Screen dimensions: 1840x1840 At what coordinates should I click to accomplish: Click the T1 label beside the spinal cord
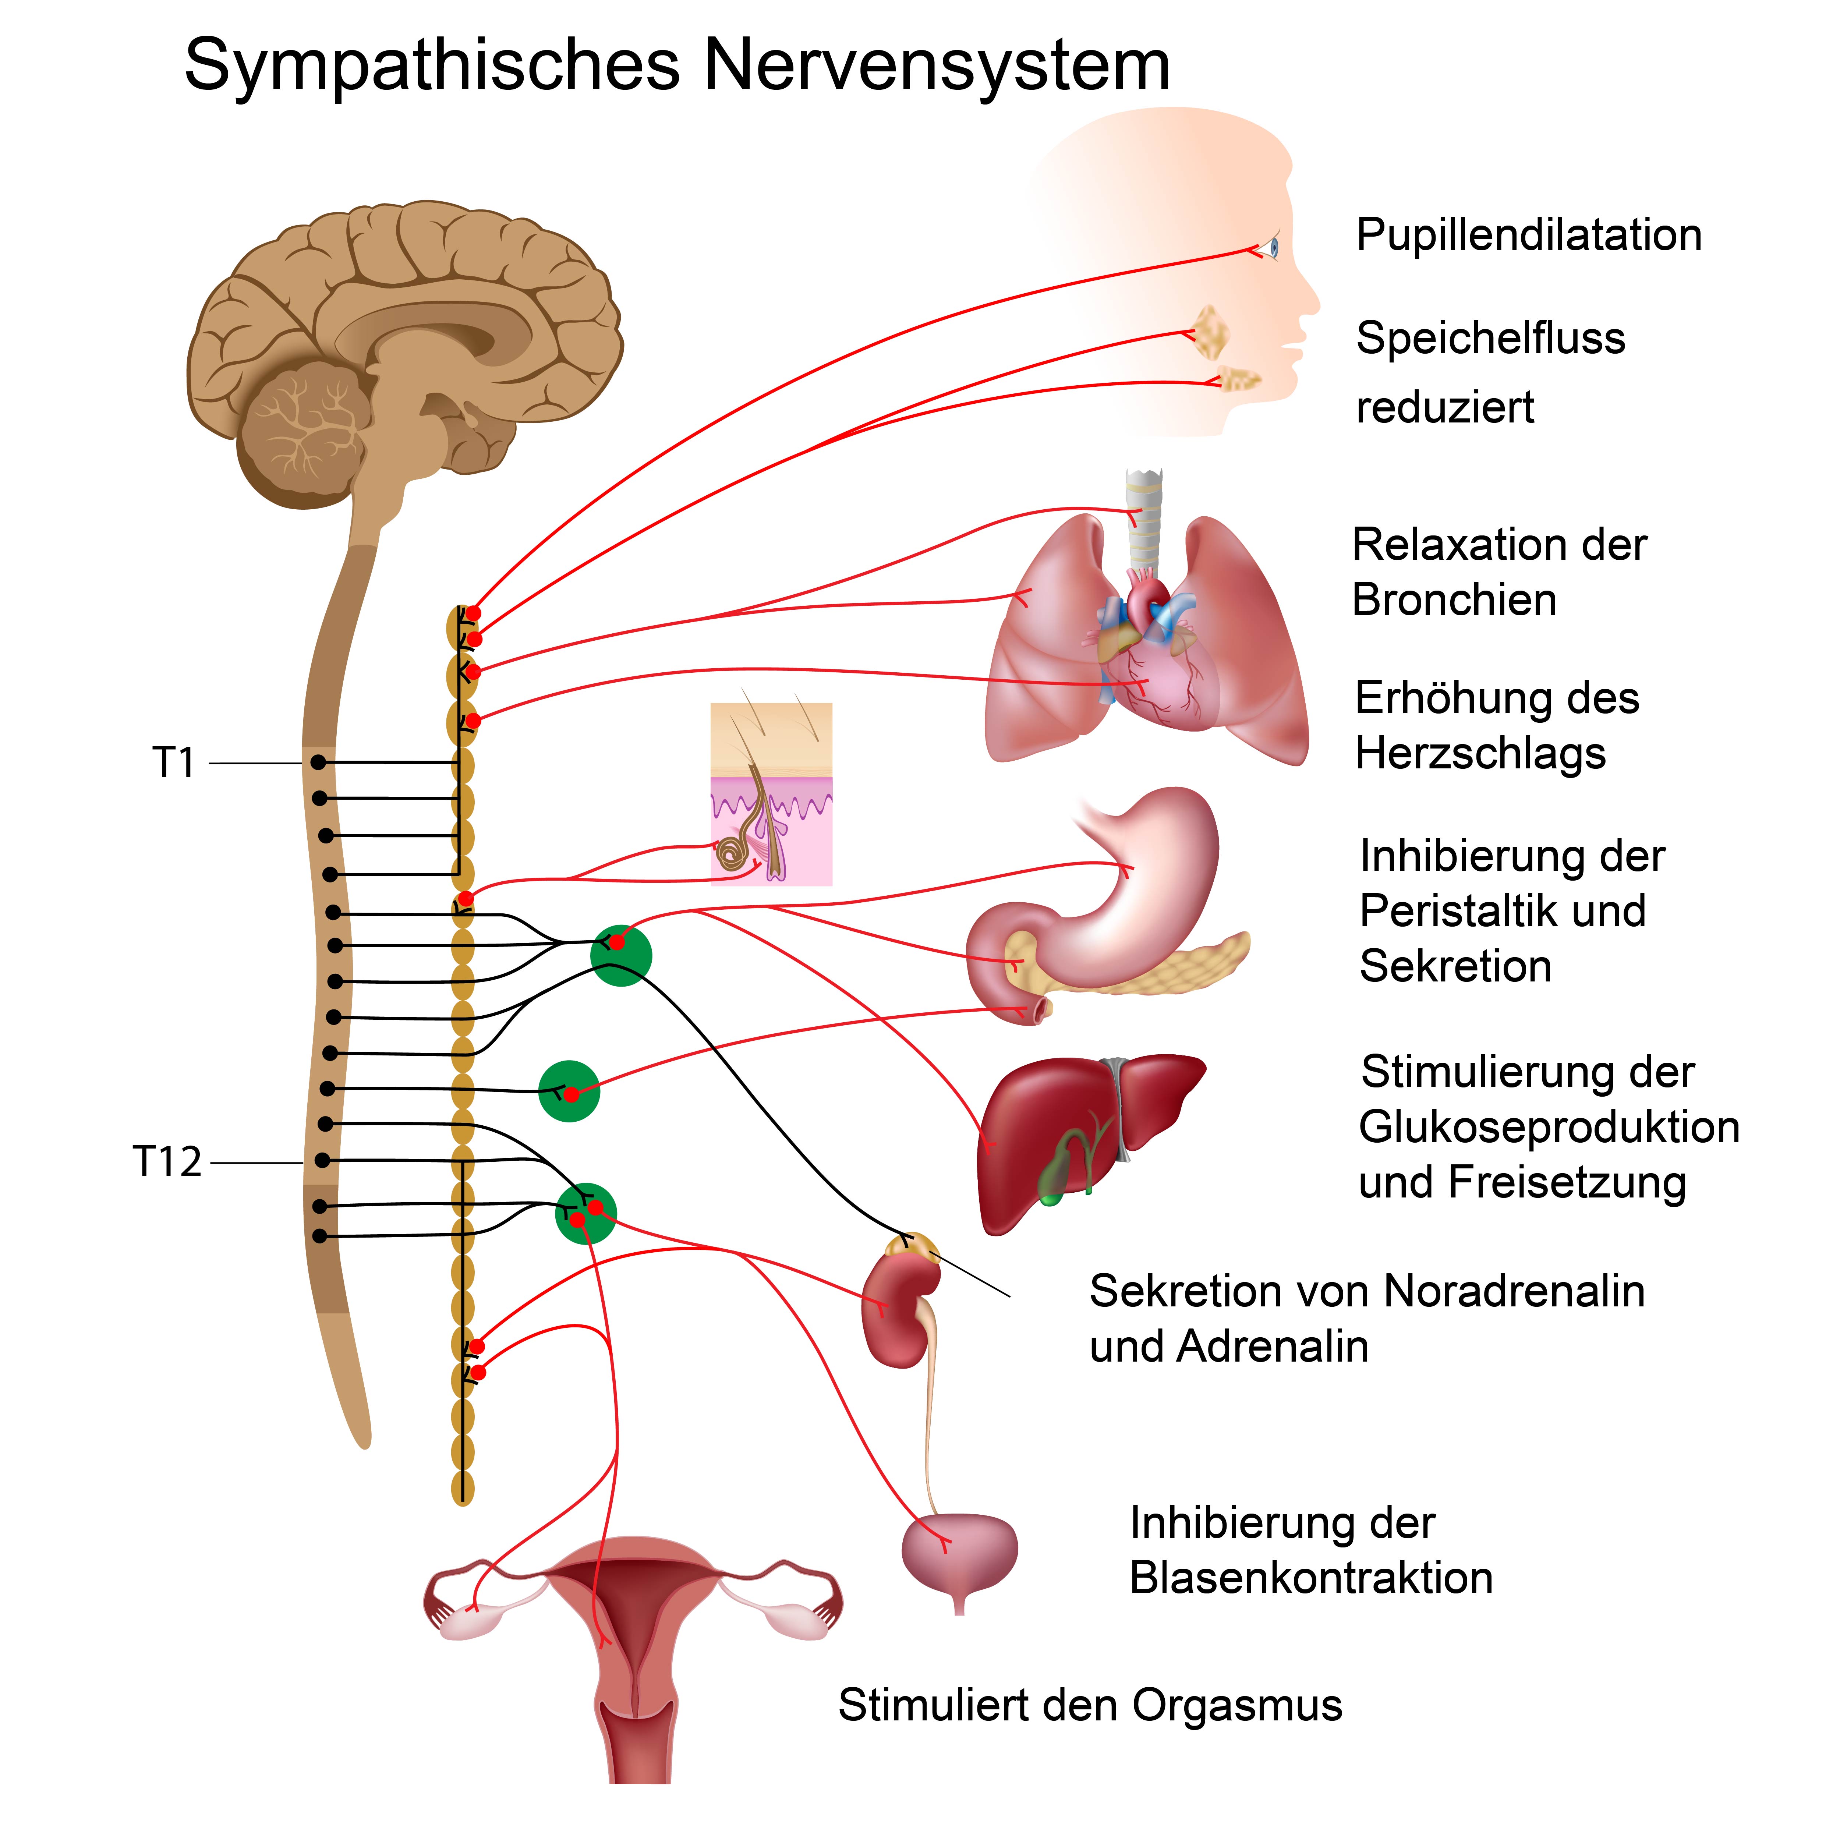pyautogui.click(x=173, y=763)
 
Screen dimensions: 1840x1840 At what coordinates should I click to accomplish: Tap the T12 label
pyautogui.click(x=167, y=1162)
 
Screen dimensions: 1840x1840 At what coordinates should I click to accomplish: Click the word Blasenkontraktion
pyautogui.click(x=1310, y=1578)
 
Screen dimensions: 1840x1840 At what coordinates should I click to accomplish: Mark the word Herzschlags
pyautogui.click(x=1480, y=754)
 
